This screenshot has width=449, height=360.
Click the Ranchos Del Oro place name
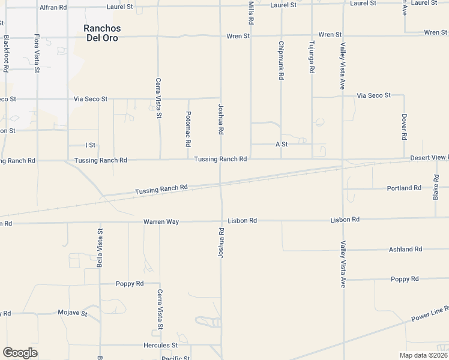pos(101,33)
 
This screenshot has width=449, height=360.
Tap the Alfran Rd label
pos(53,8)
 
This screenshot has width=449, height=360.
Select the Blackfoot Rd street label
pos(6,53)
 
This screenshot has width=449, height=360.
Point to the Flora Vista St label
pos(37,52)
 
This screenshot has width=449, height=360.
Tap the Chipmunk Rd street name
pos(281,60)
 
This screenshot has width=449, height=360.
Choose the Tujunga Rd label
pos(312,58)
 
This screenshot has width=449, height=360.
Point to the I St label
pos(91,145)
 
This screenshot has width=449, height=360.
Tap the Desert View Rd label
pos(429,158)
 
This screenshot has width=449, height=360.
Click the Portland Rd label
pos(404,188)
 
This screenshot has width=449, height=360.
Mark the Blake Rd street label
pos(436,187)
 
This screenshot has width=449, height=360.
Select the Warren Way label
pos(161,222)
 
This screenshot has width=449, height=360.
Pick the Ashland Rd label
pos(405,249)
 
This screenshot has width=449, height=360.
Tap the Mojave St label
pos(73,313)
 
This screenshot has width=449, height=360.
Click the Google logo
pos(20,353)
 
